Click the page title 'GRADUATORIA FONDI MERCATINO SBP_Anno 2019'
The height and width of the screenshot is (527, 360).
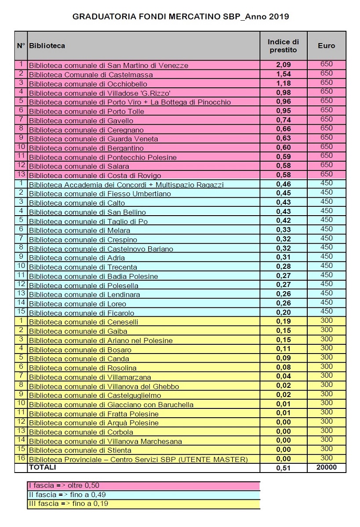pyautogui.click(x=180, y=17)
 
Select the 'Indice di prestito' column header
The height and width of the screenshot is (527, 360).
pyautogui.click(x=283, y=46)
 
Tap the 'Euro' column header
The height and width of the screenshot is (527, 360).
pyautogui.click(x=326, y=46)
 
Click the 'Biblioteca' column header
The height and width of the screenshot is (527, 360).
pyautogui.click(x=47, y=46)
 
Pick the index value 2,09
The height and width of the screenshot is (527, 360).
pyautogui.click(x=284, y=65)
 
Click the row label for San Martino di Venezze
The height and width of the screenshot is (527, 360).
pyautogui.click(x=108, y=65)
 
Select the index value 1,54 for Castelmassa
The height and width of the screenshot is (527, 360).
pyautogui.click(x=284, y=74)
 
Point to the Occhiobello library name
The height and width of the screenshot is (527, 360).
pyautogui.click(x=88, y=84)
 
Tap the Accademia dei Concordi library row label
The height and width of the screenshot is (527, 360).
pyautogui.click(x=126, y=185)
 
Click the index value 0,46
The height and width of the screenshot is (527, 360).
pyautogui.click(x=284, y=184)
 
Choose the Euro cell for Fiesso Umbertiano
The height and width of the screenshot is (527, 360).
pyautogui.click(x=326, y=192)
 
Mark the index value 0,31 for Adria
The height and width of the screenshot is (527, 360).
pyautogui.click(x=284, y=258)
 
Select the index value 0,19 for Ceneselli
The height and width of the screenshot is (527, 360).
pyautogui.click(x=284, y=322)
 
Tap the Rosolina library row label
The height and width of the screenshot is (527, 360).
pyautogui.click(x=83, y=368)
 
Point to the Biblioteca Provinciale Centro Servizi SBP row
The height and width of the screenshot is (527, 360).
pyautogui.click(x=138, y=459)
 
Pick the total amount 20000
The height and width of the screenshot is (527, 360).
pyautogui.click(x=326, y=468)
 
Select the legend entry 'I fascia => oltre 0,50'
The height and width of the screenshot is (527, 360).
pyautogui.click(x=63, y=486)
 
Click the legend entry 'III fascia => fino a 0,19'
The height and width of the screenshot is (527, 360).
pyautogui.click(x=68, y=504)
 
